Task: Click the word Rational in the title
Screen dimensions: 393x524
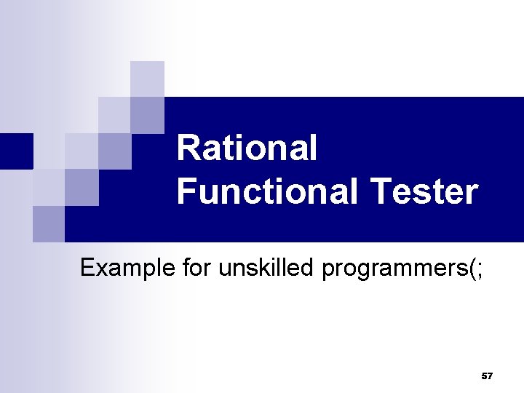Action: [247, 148]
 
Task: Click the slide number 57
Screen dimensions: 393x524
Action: [487, 376]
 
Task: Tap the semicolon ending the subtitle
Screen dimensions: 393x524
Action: [478, 269]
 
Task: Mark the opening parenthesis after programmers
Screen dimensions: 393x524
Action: [470, 269]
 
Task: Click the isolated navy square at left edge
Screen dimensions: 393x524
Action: [16, 151]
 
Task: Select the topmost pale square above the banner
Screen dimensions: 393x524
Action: [147, 79]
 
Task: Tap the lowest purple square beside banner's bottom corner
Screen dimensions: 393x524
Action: [48, 223]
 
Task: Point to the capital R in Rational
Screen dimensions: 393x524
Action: [188, 148]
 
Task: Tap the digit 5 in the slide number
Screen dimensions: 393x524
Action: [484, 376]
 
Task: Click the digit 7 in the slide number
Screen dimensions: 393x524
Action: [490, 376]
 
